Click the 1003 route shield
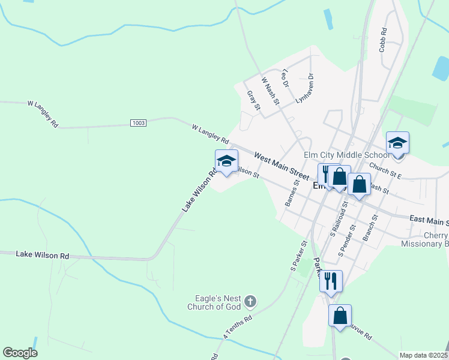click(138, 122)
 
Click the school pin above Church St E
click(397, 143)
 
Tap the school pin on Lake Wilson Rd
click(226, 161)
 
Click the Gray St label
click(253, 101)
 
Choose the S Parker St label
click(299, 256)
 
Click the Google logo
click(20, 353)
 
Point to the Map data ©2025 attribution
click(423, 355)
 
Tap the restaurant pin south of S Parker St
click(331, 281)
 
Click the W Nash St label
click(270, 89)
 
